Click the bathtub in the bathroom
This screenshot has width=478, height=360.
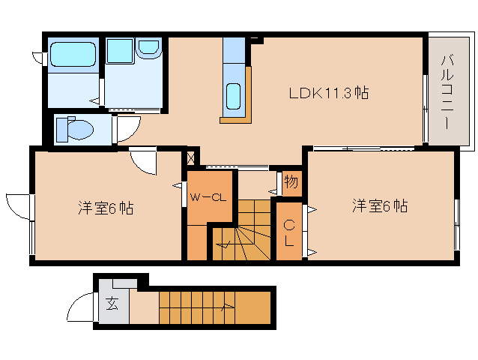point(73,55)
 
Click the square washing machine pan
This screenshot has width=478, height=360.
point(119,50)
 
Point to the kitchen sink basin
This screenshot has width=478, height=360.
point(233,97)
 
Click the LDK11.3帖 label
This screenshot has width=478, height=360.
point(328,93)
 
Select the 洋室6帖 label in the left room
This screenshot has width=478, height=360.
point(105,208)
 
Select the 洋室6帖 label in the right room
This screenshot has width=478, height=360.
point(380,205)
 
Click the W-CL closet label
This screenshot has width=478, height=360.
point(208,198)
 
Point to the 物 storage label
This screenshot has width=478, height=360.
point(291,181)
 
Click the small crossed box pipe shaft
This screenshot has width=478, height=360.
point(190,158)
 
